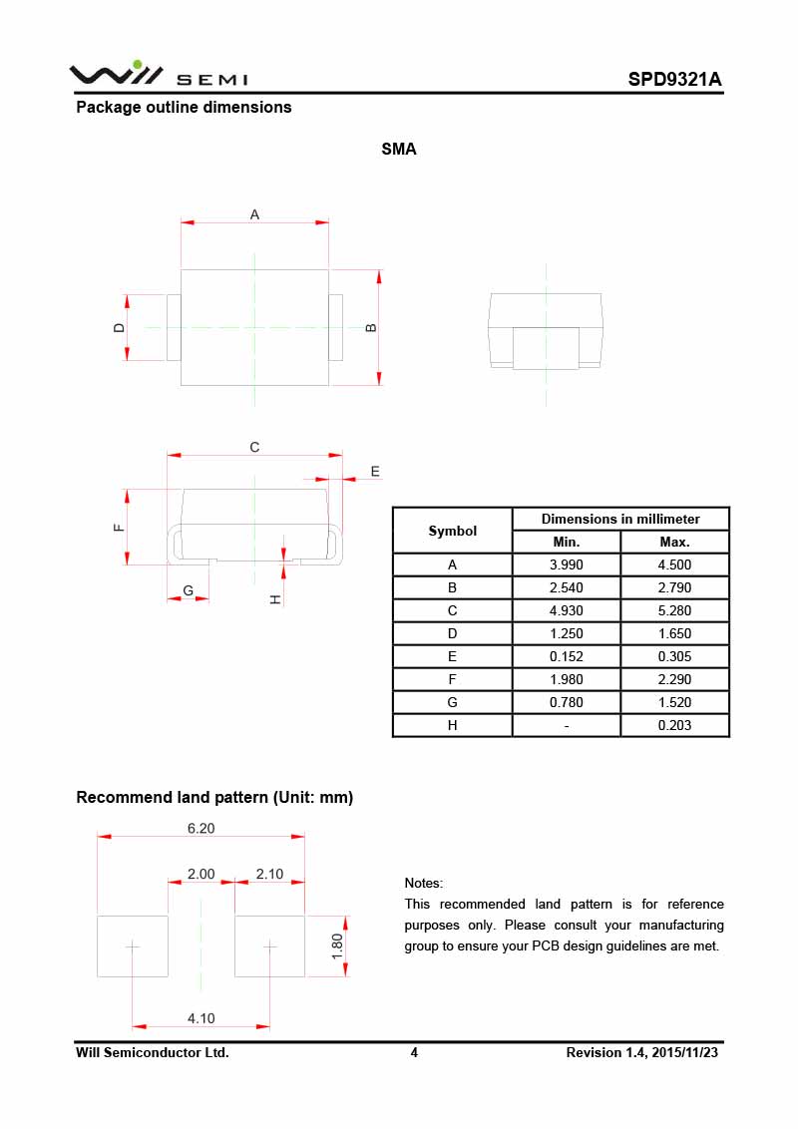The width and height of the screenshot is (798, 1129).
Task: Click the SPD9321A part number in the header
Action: click(x=675, y=79)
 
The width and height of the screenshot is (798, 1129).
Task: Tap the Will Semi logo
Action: click(x=158, y=75)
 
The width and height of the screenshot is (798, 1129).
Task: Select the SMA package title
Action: click(x=399, y=150)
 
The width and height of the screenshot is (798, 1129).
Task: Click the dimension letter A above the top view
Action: click(x=254, y=214)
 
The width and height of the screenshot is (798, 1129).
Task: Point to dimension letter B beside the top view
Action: click(x=371, y=327)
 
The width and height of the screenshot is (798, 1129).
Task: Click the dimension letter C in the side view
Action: click(x=254, y=448)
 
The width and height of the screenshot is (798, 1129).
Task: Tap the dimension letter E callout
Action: click(x=375, y=471)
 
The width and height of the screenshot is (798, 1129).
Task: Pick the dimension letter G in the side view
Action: click(x=188, y=591)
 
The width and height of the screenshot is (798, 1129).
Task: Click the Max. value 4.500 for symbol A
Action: click(x=674, y=564)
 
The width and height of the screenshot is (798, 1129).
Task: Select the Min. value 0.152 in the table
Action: click(x=566, y=656)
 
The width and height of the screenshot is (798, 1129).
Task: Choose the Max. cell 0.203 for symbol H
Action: click(x=674, y=725)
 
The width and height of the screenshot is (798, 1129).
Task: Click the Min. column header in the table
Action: click(x=566, y=542)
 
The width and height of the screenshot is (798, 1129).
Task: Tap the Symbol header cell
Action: click(x=452, y=531)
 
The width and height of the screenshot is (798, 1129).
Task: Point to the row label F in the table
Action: click(x=452, y=679)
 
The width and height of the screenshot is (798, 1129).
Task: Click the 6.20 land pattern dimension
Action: click(x=201, y=828)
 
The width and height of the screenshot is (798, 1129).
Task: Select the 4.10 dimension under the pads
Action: click(x=201, y=1018)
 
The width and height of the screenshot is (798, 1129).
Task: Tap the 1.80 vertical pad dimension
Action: click(x=337, y=945)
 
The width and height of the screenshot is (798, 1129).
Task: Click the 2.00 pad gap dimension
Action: click(x=201, y=874)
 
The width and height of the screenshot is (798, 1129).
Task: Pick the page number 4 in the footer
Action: click(x=414, y=1052)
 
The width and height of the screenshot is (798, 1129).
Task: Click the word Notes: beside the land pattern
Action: click(x=424, y=883)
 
